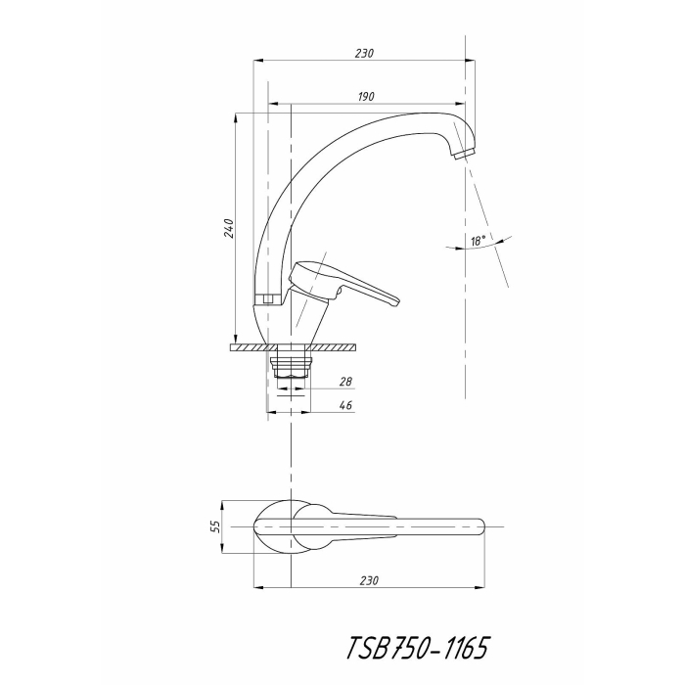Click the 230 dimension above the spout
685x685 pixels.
(363, 53)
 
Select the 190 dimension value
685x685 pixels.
(365, 96)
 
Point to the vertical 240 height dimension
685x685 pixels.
(228, 228)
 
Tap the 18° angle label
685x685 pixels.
(478, 240)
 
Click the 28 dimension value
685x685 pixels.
(345, 383)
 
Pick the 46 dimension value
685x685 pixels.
(345, 405)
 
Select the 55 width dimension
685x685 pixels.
(216, 525)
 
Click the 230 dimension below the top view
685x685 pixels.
(368, 580)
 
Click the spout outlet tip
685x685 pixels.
(461, 153)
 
